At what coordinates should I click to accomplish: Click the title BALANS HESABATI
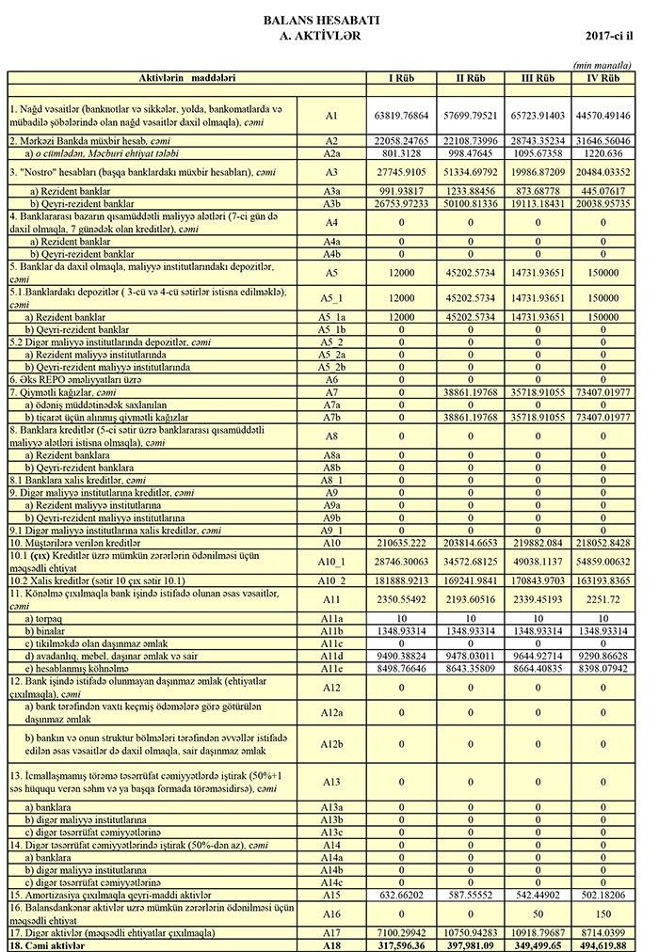pyautogui.click(x=321, y=20)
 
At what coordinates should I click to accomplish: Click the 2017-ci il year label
pyautogui.click(x=608, y=35)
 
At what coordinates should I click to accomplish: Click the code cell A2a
pyautogui.click(x=331, y=152)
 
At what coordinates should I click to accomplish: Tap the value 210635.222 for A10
pyautogui.click(x=403, y=543)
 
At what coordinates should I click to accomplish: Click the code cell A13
pyautogui.click(x=331, y=782)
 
